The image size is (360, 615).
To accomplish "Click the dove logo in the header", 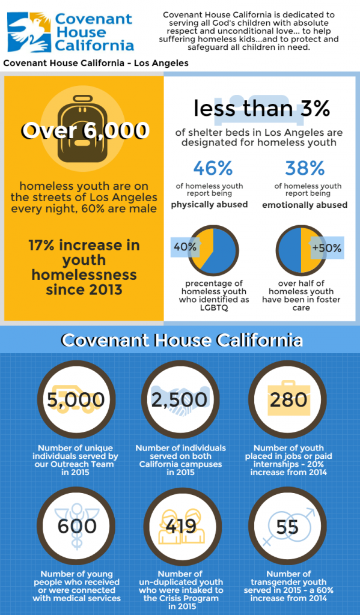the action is point(29,32).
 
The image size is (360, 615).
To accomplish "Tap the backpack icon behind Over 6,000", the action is point(83,129).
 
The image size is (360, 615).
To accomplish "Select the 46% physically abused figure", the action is point(213,169).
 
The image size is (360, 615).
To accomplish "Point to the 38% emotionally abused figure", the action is point(305,169).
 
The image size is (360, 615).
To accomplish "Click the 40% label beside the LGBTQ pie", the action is point(185,247).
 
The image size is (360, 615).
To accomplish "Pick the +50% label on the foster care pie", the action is point(326,248).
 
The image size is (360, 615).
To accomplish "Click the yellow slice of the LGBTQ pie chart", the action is point(203,247).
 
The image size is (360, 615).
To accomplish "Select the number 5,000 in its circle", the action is point(76,399).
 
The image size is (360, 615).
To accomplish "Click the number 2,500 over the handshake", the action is point(180,399).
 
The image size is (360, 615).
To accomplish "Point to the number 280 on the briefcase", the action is point(288,399).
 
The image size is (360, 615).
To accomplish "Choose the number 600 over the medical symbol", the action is point(77,526).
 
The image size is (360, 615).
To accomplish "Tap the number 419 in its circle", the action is point(181,526).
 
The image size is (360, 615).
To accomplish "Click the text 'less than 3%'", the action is point(262,109).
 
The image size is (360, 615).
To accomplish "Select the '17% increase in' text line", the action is point(84,245).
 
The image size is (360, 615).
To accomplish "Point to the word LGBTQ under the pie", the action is point(214,308).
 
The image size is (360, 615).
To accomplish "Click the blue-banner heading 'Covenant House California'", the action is point(182,340).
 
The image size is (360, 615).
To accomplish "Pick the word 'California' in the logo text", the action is point(94,45).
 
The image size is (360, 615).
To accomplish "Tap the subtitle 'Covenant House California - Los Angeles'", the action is point(96,63).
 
